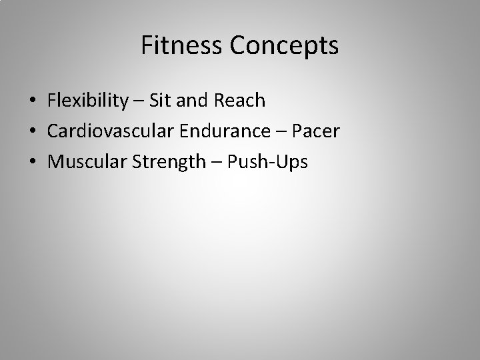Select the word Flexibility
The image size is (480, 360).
point(87,101)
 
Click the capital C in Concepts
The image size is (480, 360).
point(237,46)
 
